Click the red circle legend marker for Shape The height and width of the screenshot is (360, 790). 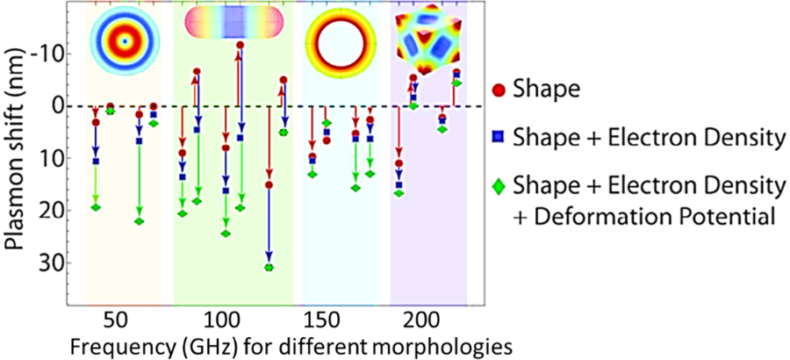(x=499, y=89)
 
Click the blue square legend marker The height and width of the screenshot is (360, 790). (x=499, y=137)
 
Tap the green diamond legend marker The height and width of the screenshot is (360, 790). (x=499, y=185)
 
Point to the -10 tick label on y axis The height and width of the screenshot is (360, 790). (x=46, y=54)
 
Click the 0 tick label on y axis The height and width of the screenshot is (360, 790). (x=53, y=106)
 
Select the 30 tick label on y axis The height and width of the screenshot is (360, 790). (x=46, y=263)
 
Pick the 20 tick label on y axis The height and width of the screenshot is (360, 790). (x=46, y=211)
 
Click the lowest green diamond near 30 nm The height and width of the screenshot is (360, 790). (x=269, y=267)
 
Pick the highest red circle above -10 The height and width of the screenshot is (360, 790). (x=240, y=45)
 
